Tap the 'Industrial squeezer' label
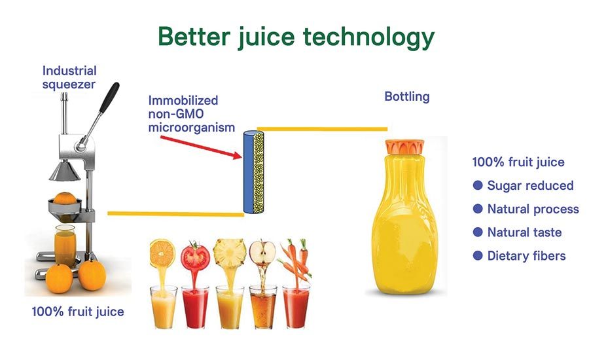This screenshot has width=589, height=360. pos(69,77)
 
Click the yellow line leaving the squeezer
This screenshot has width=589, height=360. pos(175,214)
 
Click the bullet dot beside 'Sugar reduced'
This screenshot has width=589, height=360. pos(478,185)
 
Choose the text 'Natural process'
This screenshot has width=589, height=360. pos(533,209)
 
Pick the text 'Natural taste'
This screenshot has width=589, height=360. pos(524,232)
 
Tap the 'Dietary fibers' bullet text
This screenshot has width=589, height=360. pos(526,256)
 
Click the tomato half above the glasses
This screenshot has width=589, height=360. pos(195,256)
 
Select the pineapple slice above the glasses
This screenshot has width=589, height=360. pos(230,254)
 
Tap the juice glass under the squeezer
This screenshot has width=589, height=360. pos(65,245)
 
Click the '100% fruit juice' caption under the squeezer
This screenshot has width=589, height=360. pos(78,312)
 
